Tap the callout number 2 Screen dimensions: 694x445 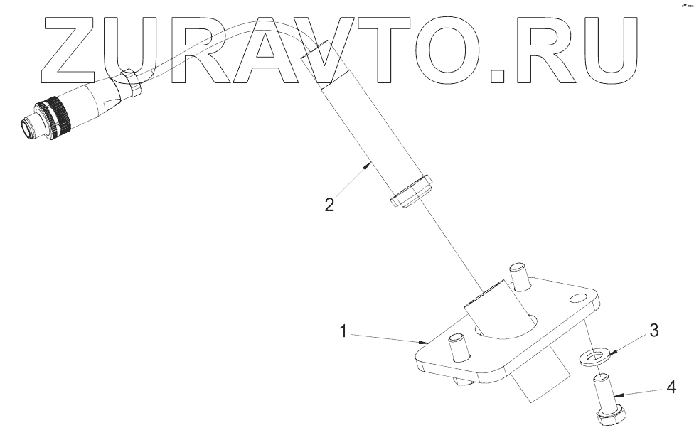[x=329, y=205]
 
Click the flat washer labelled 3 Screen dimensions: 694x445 [x=592, y=356]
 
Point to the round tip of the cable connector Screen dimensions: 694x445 [x=29, y=127]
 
